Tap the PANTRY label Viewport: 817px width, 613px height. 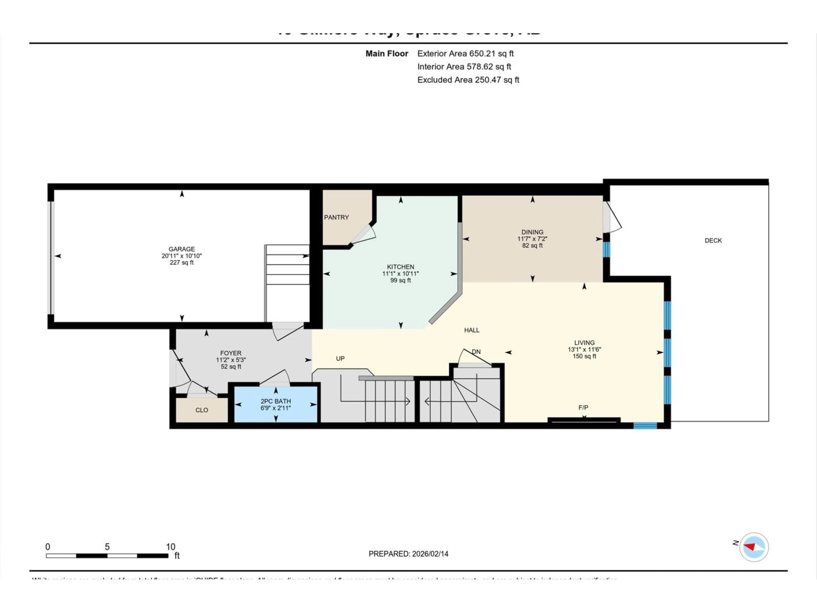tap(336, 217)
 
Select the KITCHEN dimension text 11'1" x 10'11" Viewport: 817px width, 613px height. tap(400, 274)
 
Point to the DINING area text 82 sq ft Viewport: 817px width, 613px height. tap(532, 246)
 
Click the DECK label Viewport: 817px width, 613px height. tap(713, 241)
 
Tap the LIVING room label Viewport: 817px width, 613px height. tap(584, 342)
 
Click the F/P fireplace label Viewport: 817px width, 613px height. tap(583, 408)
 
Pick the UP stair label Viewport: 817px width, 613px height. tap(340, 358)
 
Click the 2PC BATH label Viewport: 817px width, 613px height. tap(276, 401)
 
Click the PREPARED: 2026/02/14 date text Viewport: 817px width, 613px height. tap(408, 554)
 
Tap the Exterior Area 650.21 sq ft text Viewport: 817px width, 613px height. tap(465, 54)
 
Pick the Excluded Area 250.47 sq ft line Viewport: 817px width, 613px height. tap(468, 80)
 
